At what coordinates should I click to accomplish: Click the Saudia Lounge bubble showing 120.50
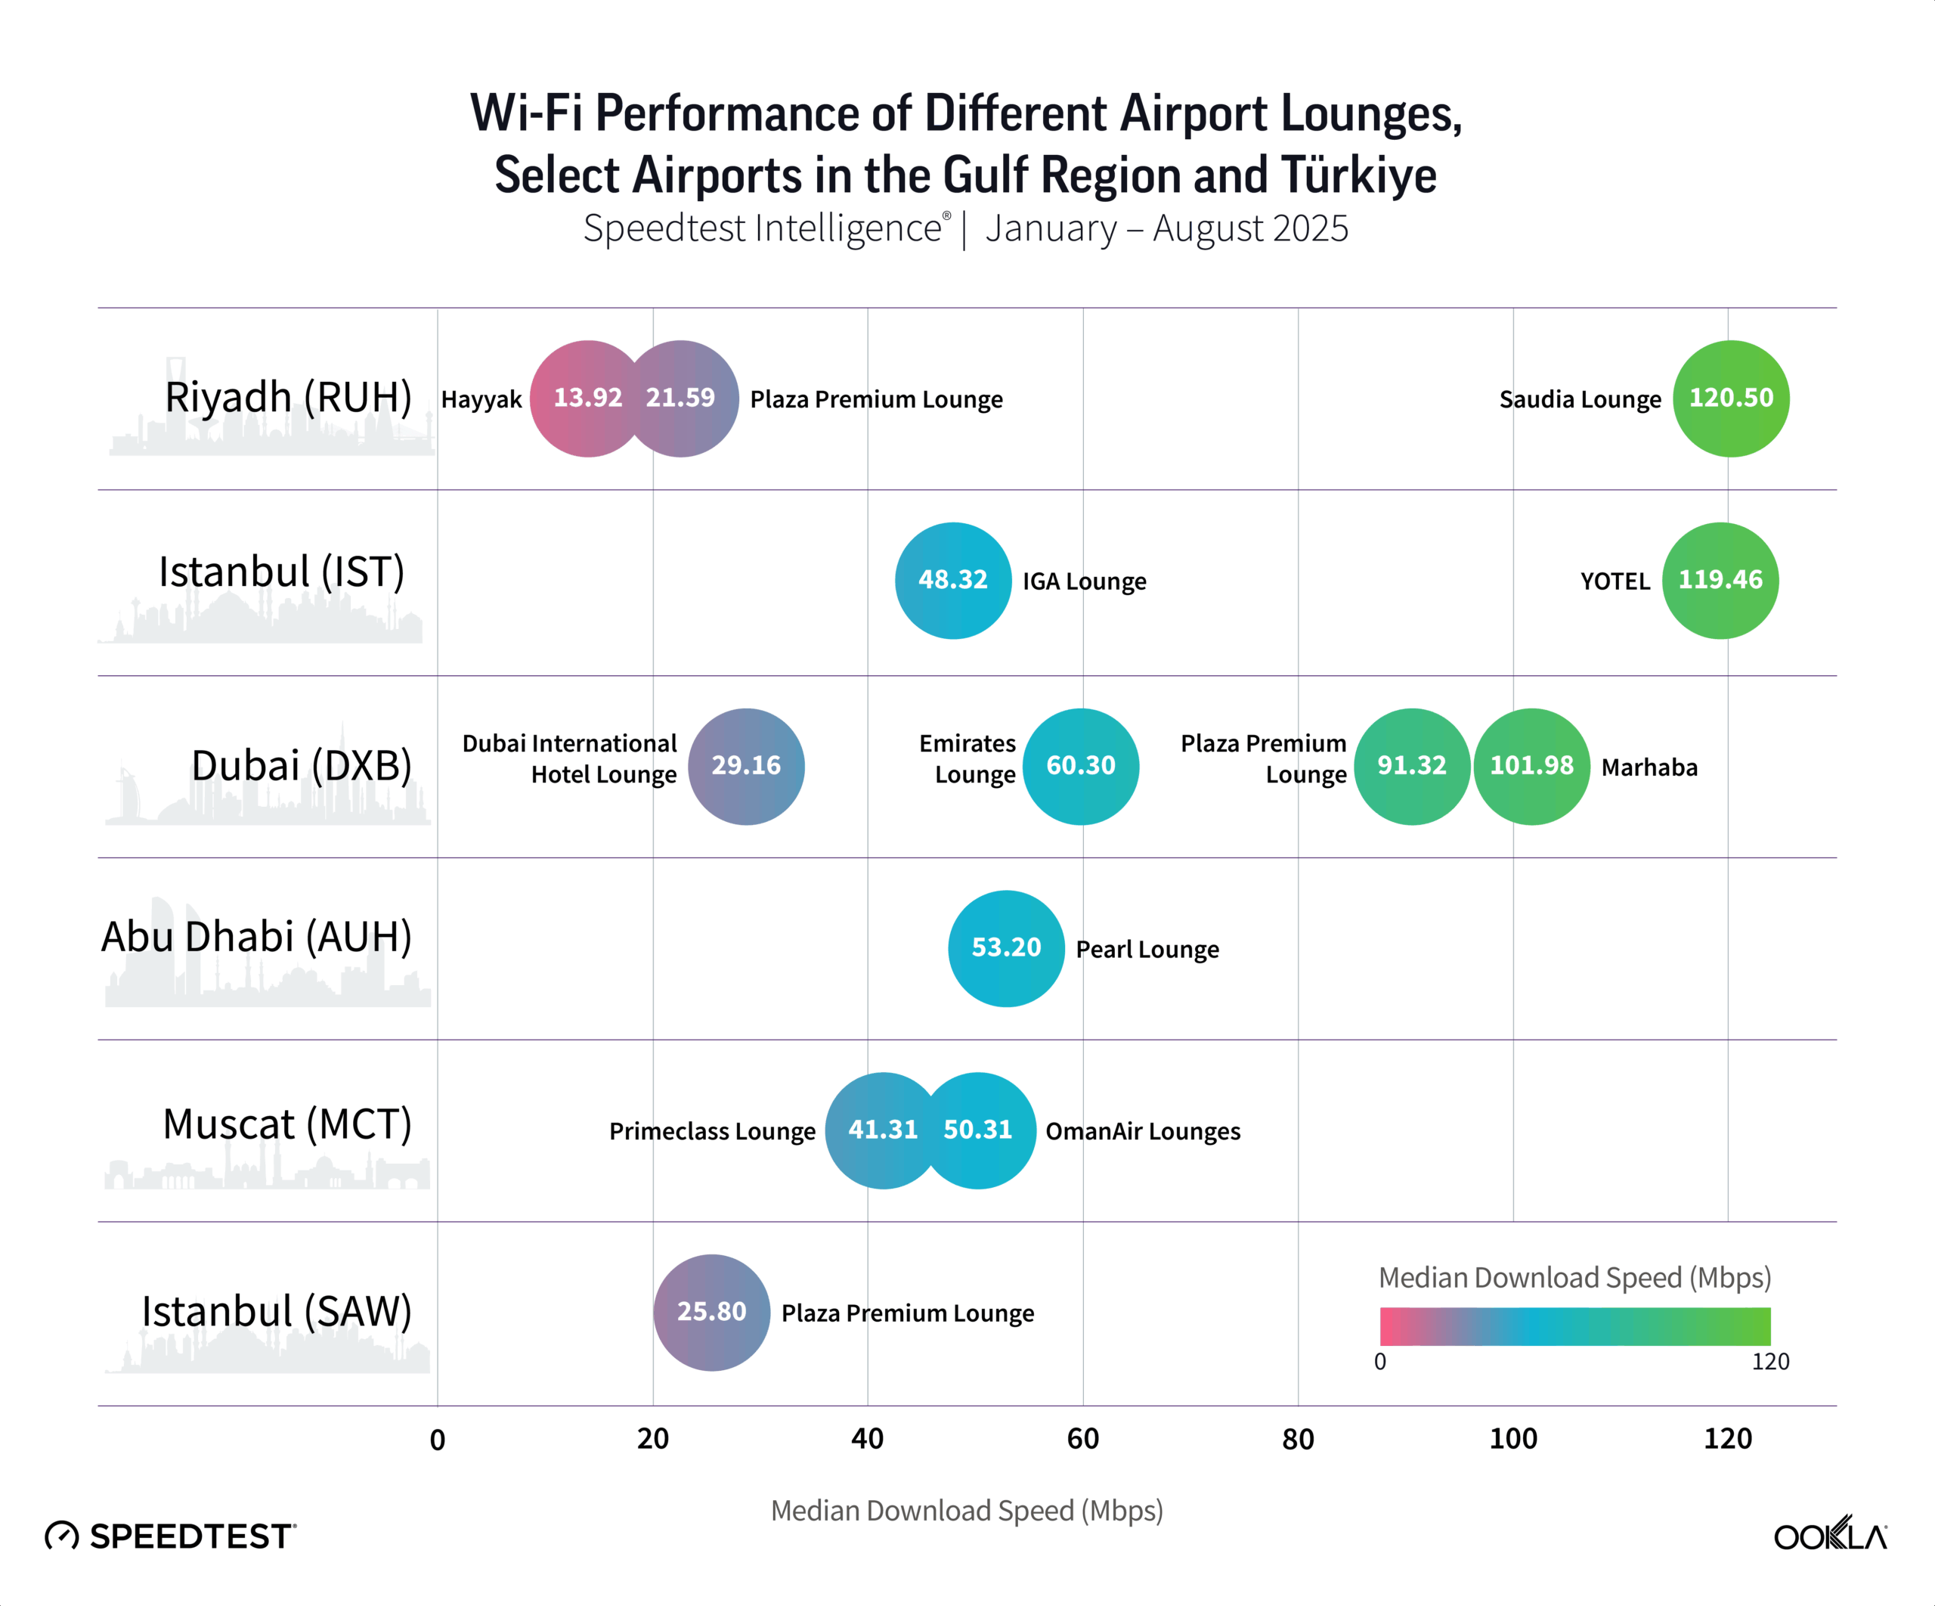[x=1730, y=398]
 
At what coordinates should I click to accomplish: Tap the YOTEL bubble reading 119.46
[x=1720, y=581]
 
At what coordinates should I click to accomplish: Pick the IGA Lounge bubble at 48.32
[x=952, y=581]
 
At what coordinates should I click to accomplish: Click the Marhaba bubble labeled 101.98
[x=1531, y=766]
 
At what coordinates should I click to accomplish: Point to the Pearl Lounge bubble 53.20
[x=1006, y=947]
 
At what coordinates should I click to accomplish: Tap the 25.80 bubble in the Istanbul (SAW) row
[x=711, y=1312]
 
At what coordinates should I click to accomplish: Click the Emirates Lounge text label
[x=967, y=758]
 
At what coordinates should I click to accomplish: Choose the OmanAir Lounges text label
[x=1143, y=1131]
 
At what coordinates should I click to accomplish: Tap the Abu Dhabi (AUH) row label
[x=256, y=937]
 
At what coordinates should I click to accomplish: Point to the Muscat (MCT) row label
[x=287, y=1124]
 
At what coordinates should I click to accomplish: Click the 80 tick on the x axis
[x=1297, y=1439]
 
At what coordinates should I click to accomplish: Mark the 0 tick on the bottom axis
[x=438, y=1439]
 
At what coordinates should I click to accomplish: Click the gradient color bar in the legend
[x=1574, y=1325]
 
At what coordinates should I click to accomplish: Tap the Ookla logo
[x=1830, y=1534]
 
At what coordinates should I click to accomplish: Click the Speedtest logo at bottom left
[x=172, y=1536]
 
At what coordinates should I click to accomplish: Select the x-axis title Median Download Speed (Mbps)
[x=967, y=1511]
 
